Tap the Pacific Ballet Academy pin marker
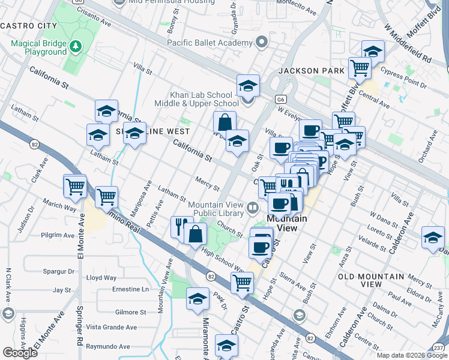click(261, 43)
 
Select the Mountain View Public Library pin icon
click(253, 209)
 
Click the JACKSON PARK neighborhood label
click(311, 71)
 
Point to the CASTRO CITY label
click(28, 26)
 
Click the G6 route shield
click(280, 99)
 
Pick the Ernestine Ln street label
click(130, 289)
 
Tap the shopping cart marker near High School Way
click(242, 282)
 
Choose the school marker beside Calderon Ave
click(432, 238)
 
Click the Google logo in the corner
click(20, 353)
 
